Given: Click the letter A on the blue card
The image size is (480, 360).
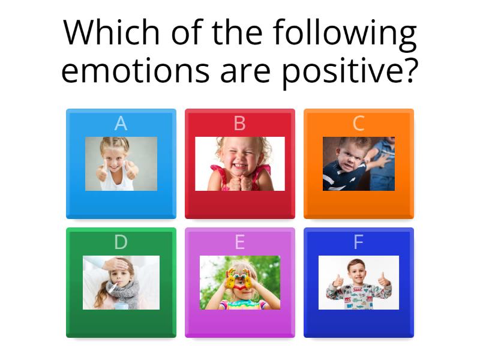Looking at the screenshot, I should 121,124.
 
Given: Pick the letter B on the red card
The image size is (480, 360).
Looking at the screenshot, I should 239,124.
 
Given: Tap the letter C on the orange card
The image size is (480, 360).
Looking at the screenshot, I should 358,124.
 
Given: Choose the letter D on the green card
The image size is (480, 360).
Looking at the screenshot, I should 121,242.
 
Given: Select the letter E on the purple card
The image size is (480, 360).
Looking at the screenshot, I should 239,242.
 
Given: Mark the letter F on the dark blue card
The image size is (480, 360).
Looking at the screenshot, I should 358,242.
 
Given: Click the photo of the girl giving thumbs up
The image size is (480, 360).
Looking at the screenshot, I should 121,164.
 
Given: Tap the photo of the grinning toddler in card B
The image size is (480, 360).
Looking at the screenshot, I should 239,164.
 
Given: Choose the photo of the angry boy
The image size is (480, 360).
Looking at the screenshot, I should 358,164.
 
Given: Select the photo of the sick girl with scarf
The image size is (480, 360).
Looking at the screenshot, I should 121,283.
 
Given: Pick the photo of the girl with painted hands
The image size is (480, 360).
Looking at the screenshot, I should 239,283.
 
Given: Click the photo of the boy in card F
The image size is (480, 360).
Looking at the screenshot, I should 358,283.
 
